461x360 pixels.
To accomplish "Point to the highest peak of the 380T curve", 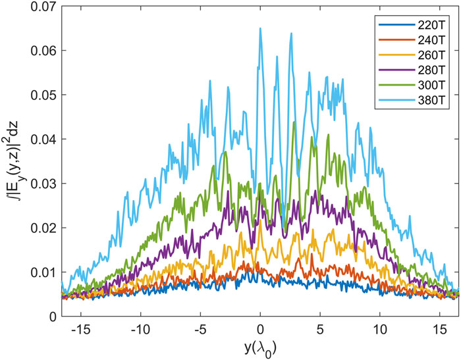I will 260,28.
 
